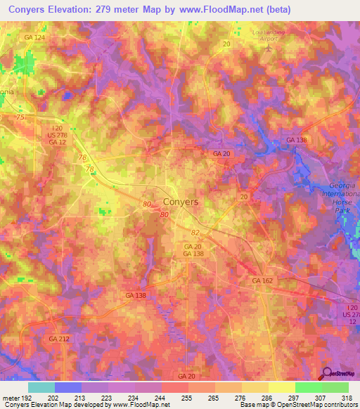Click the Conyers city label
coord(181,201)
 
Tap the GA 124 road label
coord(34,37)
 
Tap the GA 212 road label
coord(60,339)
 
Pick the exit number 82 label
coord(195,231)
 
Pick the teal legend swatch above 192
coord(41,387)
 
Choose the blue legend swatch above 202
coord(67,387)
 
